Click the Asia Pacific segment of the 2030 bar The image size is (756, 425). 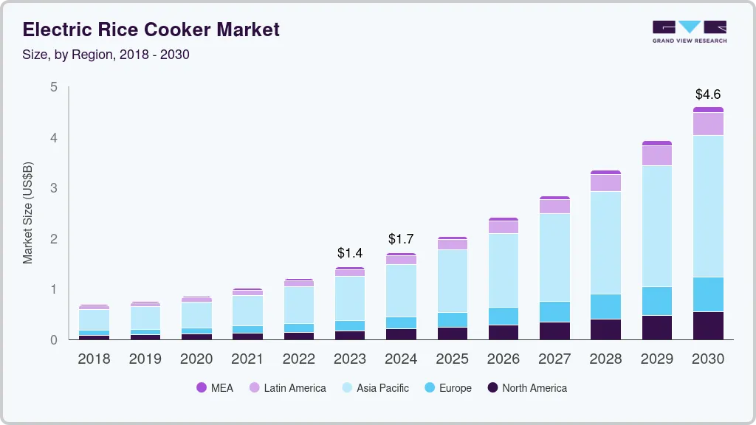tap(708, 206)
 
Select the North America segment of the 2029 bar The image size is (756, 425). tap(657, 328)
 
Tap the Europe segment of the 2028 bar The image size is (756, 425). tap(605, 306)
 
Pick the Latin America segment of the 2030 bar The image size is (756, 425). tap(708, 124)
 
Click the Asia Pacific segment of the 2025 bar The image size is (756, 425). tap(452, 280)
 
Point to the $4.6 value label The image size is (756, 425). tap(708, 94)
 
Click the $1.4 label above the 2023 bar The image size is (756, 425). tap(349, 254)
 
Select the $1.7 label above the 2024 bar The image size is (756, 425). tap(401, 239)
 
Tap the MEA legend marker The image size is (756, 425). tap(202, 387)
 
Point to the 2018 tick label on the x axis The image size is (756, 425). tap(94, 359)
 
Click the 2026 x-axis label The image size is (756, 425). tap(503, 359)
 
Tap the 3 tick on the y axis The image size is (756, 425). tap(53, 188)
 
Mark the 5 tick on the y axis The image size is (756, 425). tap(53, 87)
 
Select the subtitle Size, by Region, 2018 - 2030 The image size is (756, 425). tap(106, 55)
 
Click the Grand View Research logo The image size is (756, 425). tap(689, 32)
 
